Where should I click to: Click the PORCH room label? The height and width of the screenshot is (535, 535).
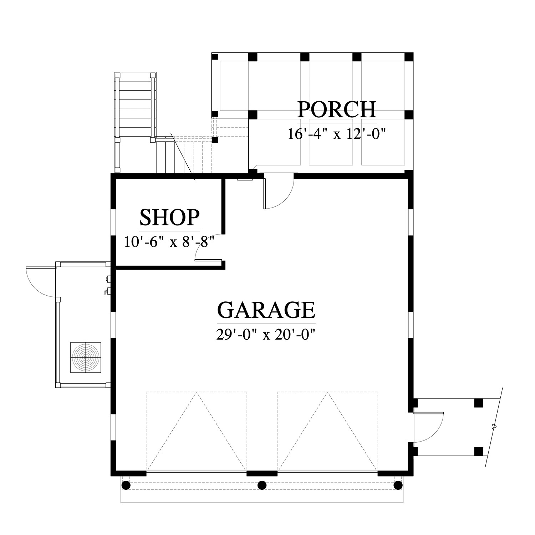point(337,109)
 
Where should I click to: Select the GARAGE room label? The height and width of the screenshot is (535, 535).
point(266,310)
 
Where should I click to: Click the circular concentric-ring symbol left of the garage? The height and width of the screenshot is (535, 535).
point(86,358)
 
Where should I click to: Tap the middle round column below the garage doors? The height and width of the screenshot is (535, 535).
point(262,485)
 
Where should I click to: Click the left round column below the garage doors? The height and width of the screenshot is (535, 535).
point(126,485)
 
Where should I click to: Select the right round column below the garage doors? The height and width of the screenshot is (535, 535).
point(398,485)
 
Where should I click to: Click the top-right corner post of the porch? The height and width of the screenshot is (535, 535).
point(409,57)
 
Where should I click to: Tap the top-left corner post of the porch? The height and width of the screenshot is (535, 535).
point(215,56)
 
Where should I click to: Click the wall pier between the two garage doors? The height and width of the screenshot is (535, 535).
point(262,474)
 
